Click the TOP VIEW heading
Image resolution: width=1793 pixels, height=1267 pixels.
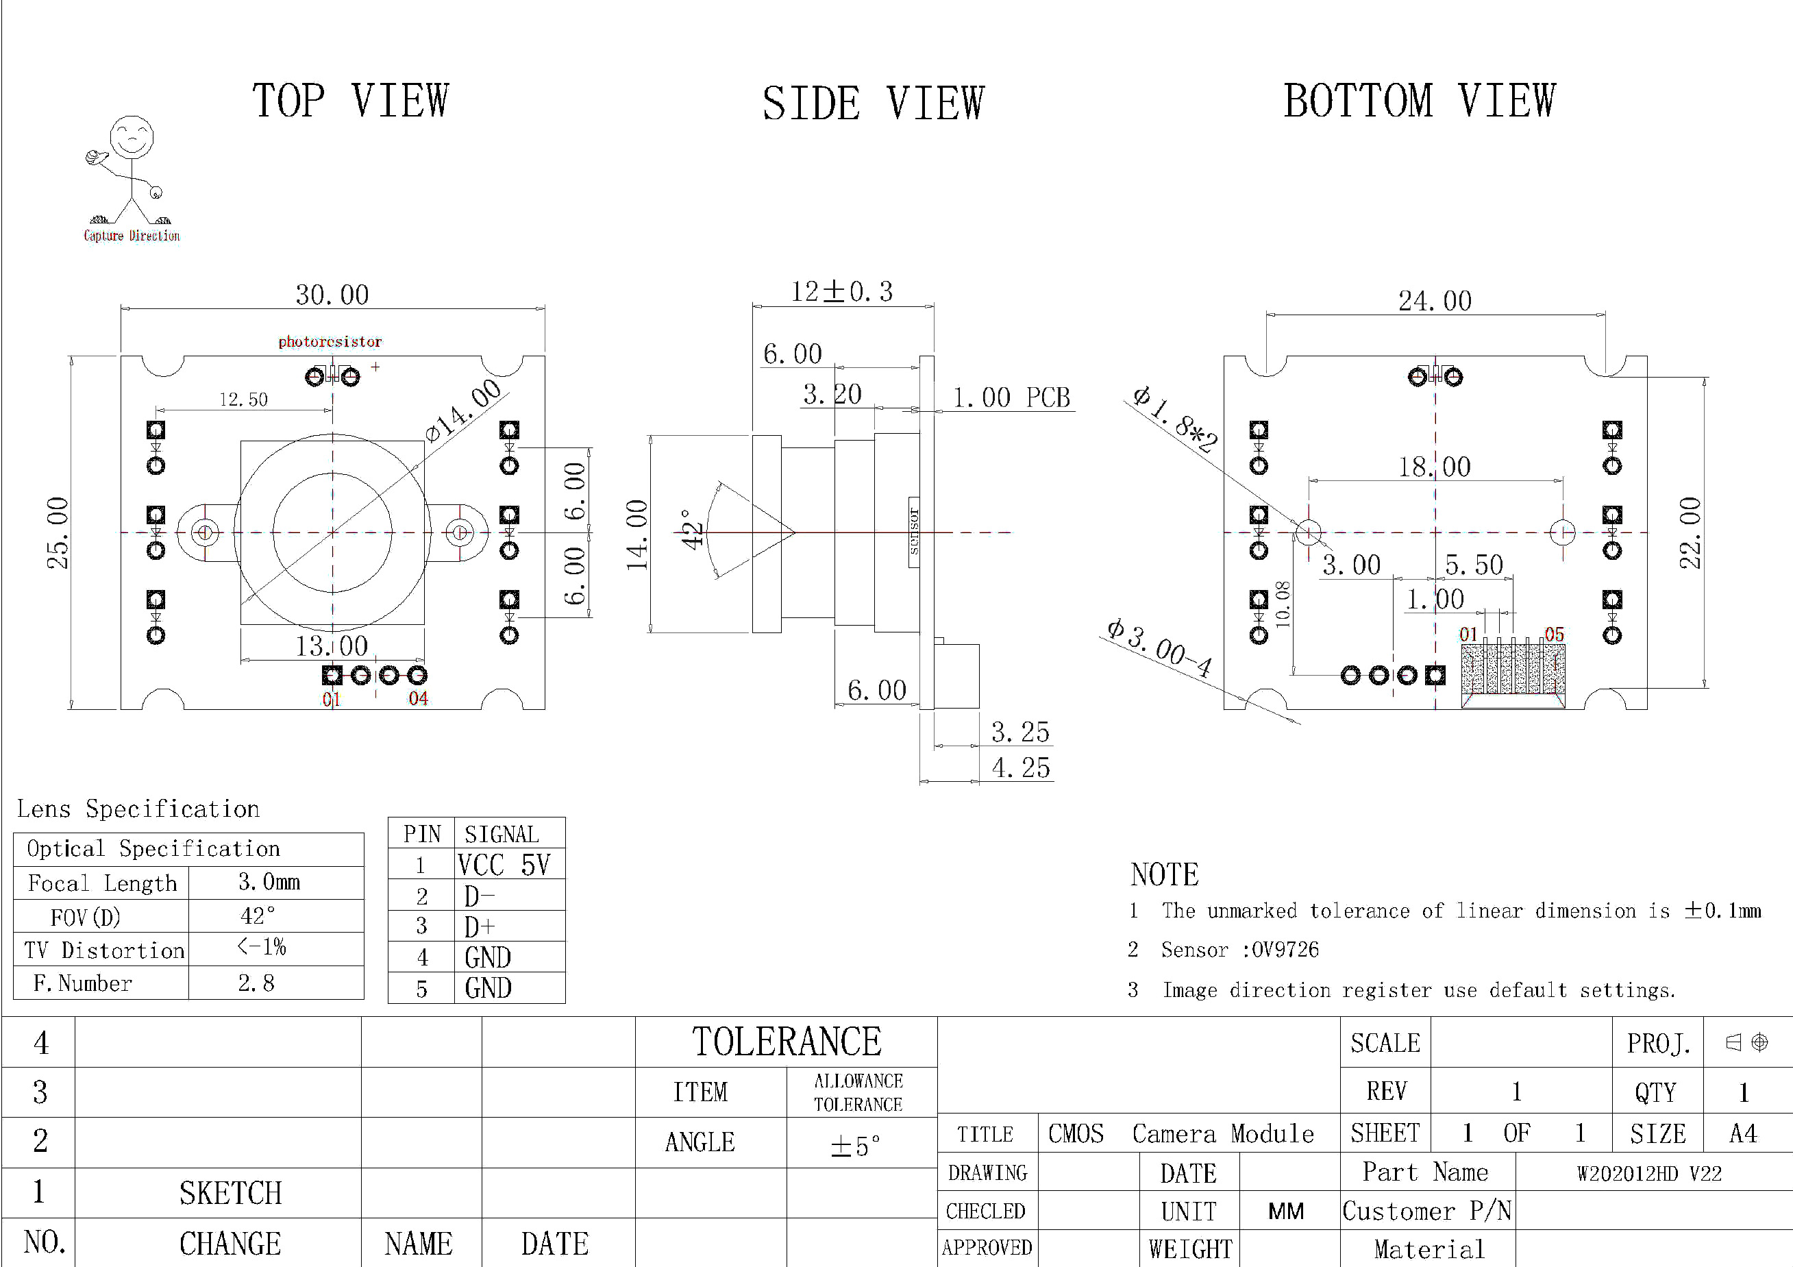(x=351, y=101)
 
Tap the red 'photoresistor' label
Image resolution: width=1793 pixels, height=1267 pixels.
(x=330, y=341)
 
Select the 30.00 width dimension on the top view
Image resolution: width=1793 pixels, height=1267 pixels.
(x=332, y=295)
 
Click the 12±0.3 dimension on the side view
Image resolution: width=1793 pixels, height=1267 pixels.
(x=842, y=291)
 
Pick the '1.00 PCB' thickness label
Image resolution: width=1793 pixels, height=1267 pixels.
(x=1011, y=397)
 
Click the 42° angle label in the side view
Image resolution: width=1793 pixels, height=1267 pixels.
(x=692, y=530)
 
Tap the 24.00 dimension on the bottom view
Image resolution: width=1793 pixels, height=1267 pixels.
(x=1435, y=301)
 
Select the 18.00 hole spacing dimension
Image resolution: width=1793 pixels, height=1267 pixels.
(x=1435, y=467)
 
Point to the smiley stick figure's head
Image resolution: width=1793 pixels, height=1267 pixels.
(x=131, y=138)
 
